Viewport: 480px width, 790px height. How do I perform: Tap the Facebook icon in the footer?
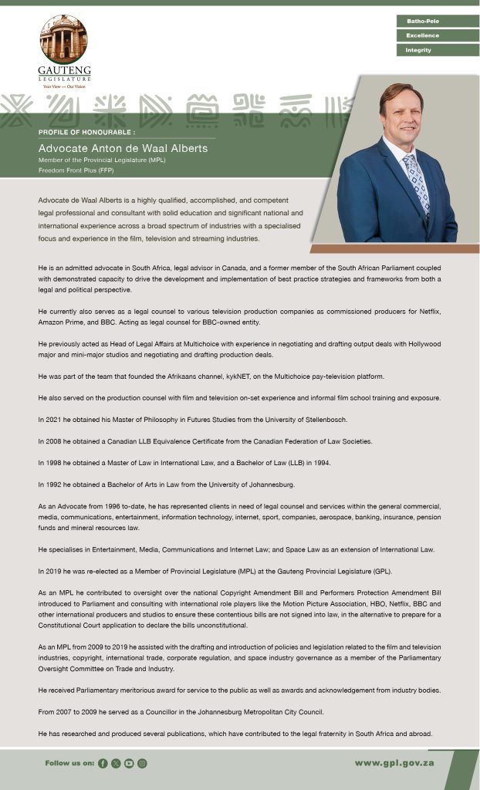point(103,763)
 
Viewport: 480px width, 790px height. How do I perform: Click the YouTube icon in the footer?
point(129,763)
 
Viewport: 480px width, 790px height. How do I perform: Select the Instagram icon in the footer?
point(142,763)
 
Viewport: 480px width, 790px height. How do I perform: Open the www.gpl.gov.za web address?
point(394,763)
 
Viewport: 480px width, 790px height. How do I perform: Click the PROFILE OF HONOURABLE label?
point(86,133)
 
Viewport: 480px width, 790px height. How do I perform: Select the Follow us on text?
point(69,763)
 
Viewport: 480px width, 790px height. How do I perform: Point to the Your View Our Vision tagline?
point(63,86)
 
